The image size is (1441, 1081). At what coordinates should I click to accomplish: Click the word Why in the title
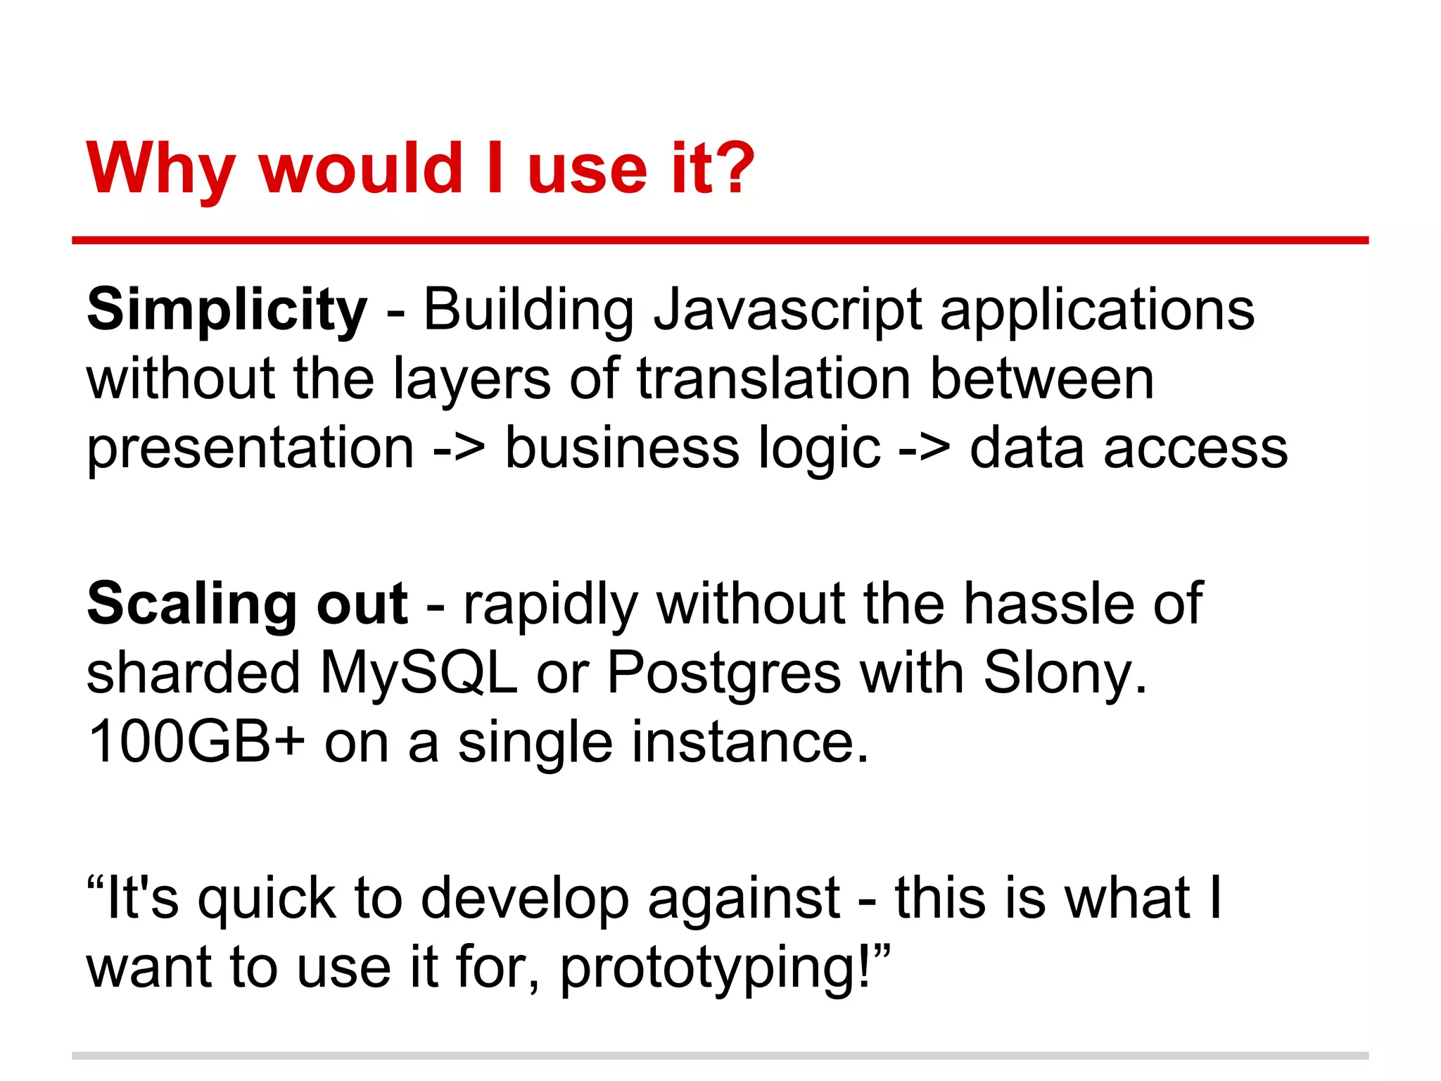160,169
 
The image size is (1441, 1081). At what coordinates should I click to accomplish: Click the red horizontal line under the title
720,241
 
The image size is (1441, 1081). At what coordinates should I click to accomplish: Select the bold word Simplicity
227,310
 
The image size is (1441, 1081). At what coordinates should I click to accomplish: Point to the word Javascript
787,310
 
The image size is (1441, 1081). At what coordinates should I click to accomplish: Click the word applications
1097,310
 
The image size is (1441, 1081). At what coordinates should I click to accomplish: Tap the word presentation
250,448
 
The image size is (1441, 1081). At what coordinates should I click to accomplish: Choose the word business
622,448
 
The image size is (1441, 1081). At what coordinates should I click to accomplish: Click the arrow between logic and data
925,448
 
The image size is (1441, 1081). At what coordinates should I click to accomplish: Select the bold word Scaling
192,604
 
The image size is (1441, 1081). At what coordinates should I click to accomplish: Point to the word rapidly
550,604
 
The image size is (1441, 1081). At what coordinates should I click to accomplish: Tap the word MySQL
419,673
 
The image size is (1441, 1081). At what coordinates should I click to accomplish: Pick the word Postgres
723,673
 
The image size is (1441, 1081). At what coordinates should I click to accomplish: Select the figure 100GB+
196,742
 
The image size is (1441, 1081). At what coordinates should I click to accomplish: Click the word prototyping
716,968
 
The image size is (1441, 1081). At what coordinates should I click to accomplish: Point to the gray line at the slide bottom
720,1056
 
